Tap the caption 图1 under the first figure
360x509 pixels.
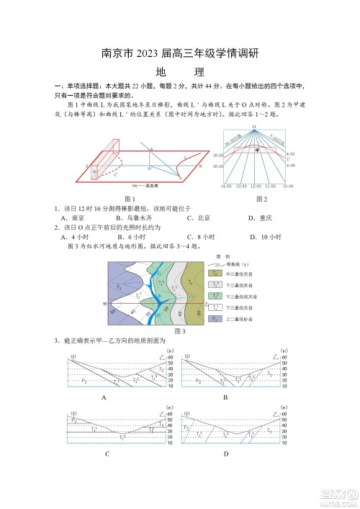[x=130, y=198]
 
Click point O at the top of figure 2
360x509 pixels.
[x=254, y=127]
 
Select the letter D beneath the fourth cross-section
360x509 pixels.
[x=225, y=454]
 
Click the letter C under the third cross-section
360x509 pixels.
[x=107, y=454]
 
